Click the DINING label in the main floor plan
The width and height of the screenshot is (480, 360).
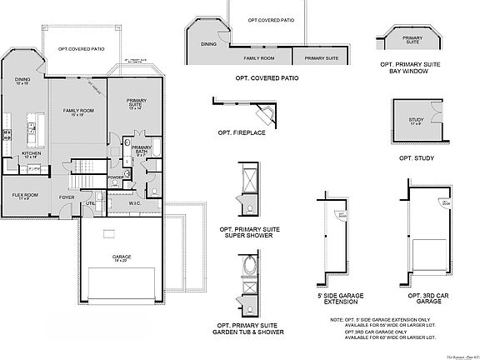[22, 82]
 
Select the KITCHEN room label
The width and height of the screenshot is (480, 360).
[31, 154]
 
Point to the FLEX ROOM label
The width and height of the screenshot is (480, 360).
[24, 195]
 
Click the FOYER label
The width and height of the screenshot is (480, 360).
[67, 197]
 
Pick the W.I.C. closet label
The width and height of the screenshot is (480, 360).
[133, 202]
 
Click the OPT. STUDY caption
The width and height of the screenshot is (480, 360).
[417, 157]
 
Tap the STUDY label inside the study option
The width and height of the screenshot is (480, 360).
[416, 121]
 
